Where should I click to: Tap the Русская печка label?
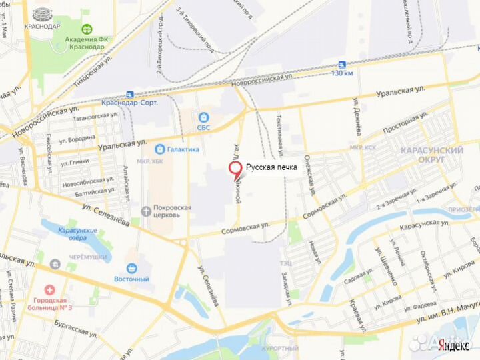pos(272,167)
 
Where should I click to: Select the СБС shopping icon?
pos(203,117)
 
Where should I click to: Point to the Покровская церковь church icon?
pos(145,211)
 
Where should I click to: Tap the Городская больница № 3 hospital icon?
pos(49,290)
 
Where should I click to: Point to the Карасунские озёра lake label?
pos(77,234)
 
